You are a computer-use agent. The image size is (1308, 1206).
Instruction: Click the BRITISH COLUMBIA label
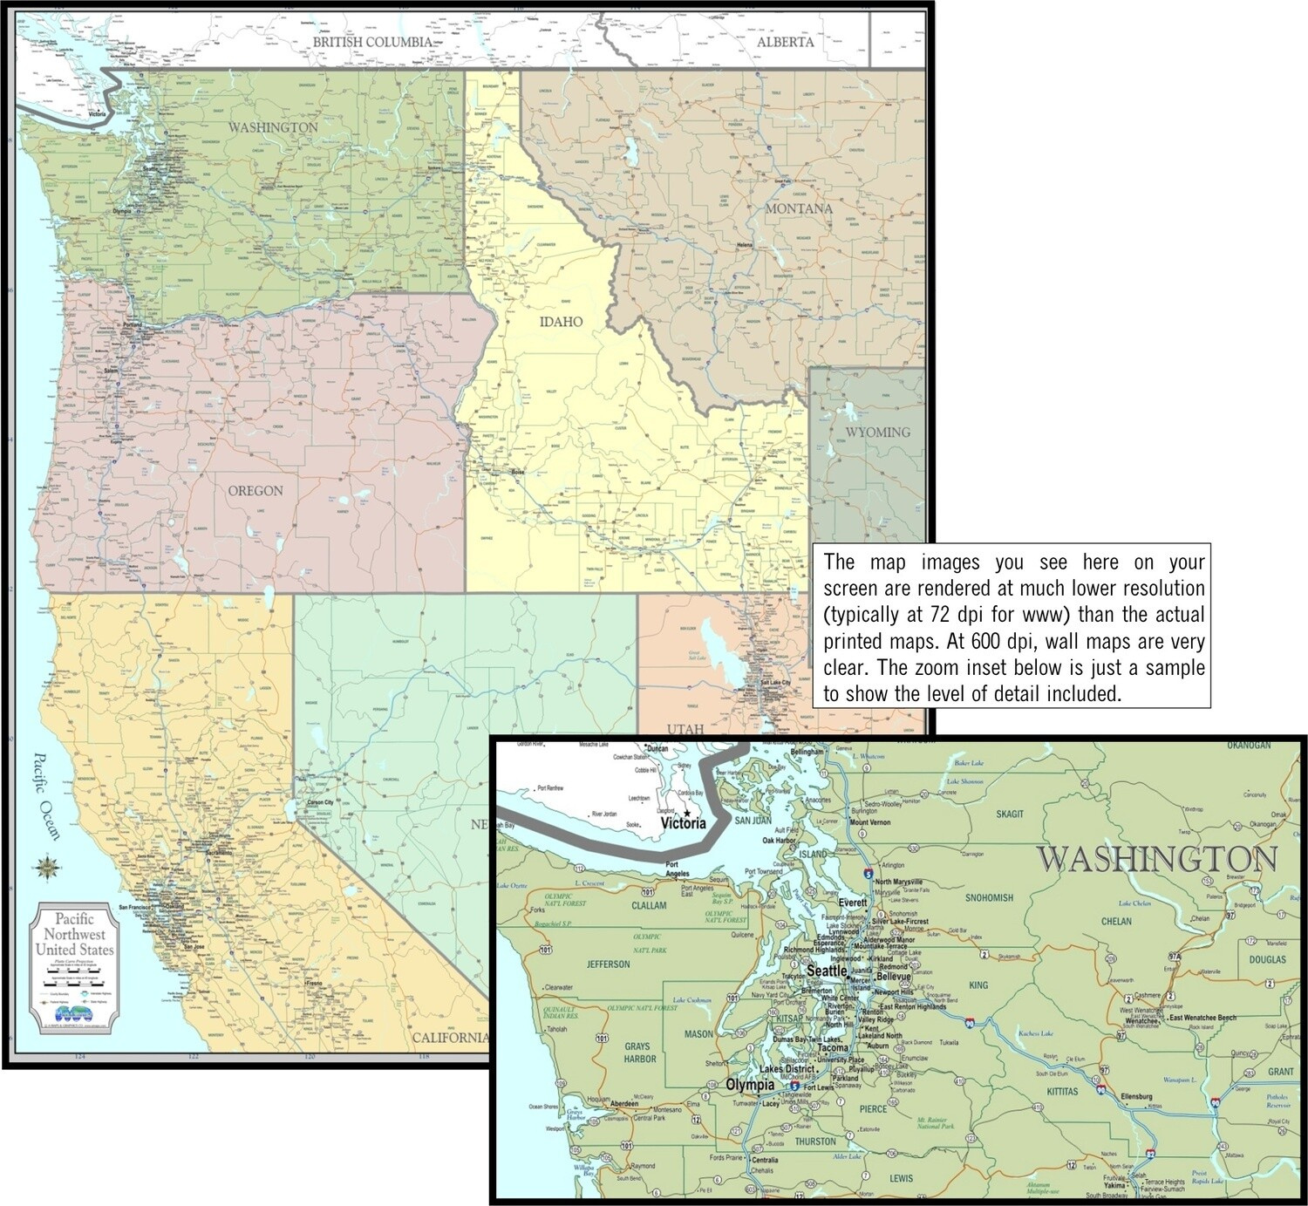point(372,42)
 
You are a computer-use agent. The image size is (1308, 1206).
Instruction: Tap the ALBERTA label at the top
point(785,42)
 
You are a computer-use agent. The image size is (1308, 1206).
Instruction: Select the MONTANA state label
point(798,209)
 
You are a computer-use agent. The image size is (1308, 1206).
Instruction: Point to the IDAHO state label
point(561,322)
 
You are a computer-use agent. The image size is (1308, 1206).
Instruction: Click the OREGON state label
point(255,491)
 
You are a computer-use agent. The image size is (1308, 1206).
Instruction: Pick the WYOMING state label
point(877,433)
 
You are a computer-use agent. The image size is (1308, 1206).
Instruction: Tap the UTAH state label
point(685,729)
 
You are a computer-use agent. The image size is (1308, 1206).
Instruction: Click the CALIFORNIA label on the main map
point(450,1038)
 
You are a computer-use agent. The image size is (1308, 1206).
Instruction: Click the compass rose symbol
point(46,867)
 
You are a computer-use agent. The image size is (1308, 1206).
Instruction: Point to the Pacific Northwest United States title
point(74,934)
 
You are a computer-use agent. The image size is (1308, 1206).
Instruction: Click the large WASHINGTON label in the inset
point(1156,859)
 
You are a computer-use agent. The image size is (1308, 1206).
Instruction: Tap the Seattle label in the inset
point(827,971)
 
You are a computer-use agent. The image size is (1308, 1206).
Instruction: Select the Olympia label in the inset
point(750,1086)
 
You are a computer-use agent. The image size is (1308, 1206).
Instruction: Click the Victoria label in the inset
point(683,823)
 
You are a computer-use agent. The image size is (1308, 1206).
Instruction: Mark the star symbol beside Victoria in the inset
point(687,812)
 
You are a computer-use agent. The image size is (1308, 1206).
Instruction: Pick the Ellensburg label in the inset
point(1136,1096)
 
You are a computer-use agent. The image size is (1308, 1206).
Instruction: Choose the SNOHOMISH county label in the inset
point(989,897)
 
